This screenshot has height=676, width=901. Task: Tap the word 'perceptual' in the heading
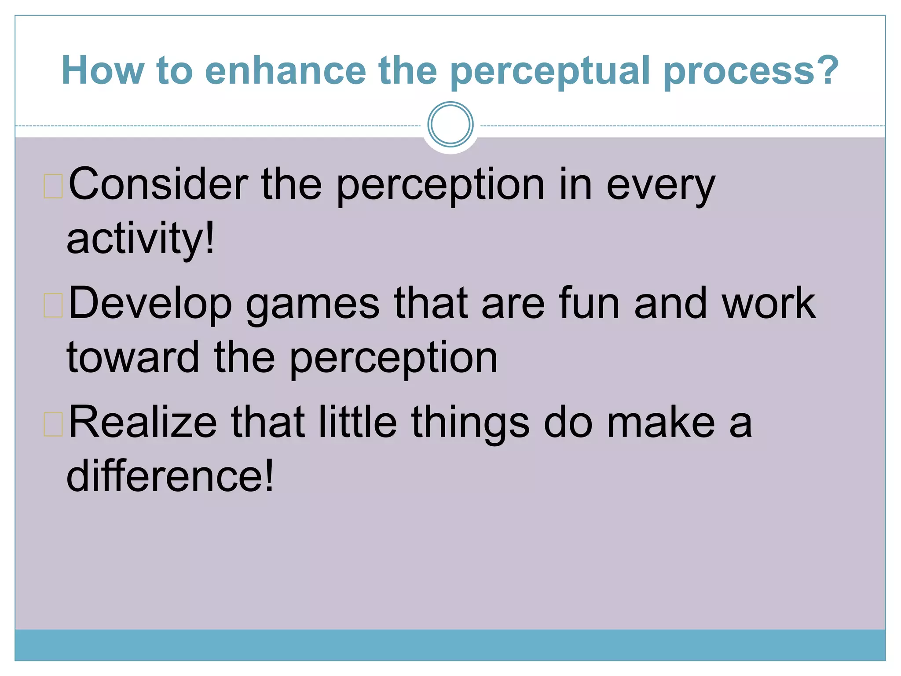tap(550, 71)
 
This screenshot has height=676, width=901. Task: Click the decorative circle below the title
tap(450, 125)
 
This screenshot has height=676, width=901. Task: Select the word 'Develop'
tap(150, 304)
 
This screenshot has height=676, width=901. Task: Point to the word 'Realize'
tap(143, 422)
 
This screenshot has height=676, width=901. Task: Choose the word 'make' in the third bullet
tap(661, 422)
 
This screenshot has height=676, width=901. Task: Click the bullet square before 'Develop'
tap(53, 305)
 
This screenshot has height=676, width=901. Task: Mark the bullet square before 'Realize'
tap(53, 424)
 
